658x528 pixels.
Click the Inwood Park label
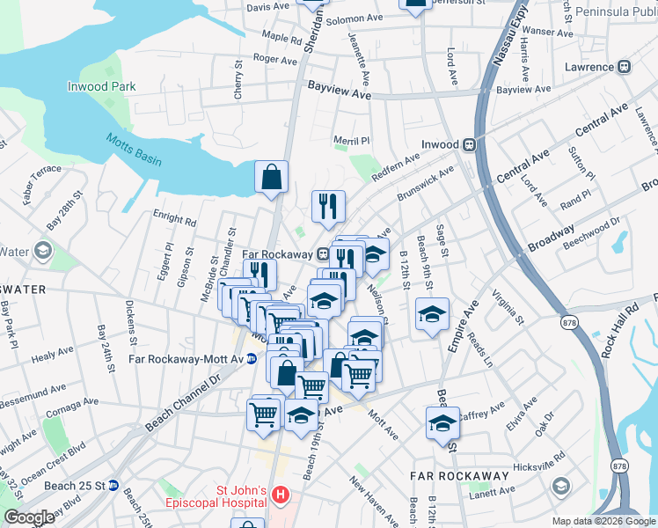click(102, 86)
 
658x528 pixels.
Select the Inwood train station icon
click(470, 144)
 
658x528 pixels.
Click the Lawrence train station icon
click(625, 67)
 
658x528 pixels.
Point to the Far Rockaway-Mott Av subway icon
click(251, 358)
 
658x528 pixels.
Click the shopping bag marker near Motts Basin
click(272, 177)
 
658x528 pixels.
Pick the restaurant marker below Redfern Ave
click(328, 207)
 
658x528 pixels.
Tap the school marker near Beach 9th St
click(433, 315)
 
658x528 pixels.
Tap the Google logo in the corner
click(29, 517)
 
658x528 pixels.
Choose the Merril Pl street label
click(351, 141)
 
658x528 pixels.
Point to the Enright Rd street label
click(174, 218)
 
